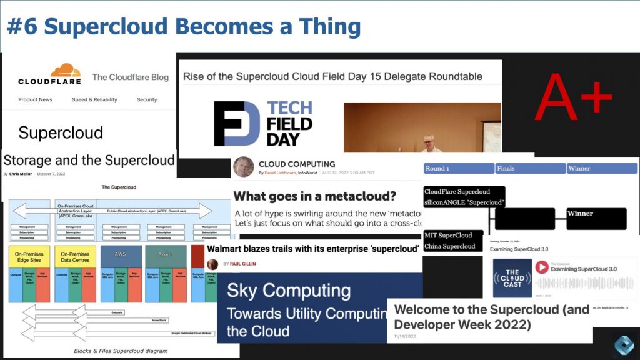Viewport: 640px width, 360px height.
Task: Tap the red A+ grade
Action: point(574,96)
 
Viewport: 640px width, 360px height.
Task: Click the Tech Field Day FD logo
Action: point(237,123)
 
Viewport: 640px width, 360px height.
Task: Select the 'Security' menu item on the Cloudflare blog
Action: point(147,99)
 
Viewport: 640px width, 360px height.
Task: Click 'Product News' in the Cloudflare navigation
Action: point(35,99)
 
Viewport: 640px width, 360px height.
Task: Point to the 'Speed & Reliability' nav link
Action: point(94,99)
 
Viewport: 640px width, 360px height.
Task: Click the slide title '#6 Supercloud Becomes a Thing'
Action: point(184,27)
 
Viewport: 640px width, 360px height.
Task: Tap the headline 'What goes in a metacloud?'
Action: point(314,196)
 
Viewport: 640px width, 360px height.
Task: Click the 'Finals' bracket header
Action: point(507,168)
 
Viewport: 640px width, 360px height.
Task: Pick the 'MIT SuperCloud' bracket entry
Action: point(448,235)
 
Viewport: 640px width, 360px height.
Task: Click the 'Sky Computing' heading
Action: point(288,291)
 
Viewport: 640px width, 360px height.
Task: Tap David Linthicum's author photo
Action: point(243,167)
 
